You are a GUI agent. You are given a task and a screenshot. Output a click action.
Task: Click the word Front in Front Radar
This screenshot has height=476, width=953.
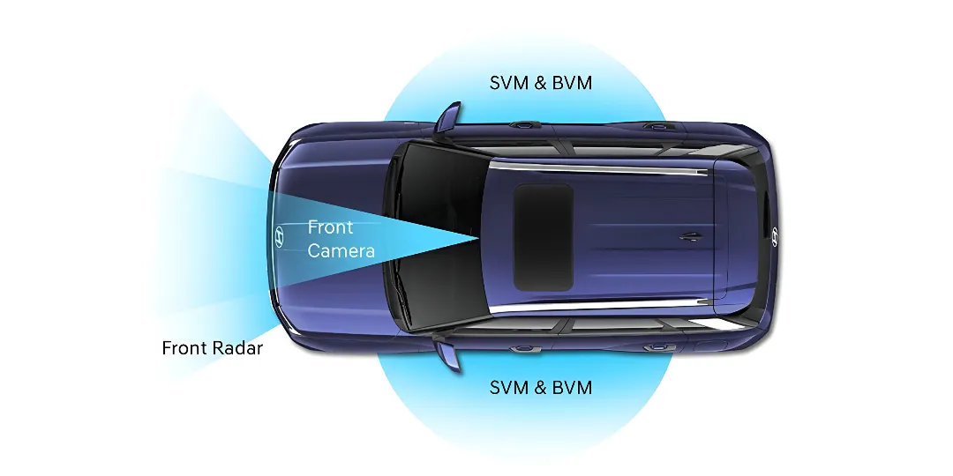tap(184, 348)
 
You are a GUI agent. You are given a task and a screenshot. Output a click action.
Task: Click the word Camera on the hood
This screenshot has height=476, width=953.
tap(341, 251)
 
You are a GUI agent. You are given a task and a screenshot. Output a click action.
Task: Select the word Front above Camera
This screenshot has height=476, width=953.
tap(330, 227)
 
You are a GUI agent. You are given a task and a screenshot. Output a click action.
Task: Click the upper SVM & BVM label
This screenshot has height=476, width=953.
tap(541, 83)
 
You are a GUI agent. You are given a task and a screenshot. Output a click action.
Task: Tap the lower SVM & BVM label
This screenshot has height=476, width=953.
tap(541, 387)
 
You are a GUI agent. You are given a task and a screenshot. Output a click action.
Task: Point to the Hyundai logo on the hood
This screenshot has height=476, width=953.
tap(279, 237)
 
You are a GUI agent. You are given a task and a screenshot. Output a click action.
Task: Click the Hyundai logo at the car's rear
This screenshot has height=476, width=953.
tap(775, 235)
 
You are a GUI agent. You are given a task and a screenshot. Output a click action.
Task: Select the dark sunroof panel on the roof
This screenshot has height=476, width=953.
tap(544, 237)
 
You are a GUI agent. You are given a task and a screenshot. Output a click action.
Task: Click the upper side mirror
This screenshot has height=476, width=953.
tap(448, 116)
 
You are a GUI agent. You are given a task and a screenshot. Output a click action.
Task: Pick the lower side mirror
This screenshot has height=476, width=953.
tap(448, 355)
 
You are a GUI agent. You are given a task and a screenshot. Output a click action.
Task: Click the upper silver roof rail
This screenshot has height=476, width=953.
tap(600, 166)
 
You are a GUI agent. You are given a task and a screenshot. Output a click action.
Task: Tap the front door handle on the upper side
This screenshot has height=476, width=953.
tap(525, 125)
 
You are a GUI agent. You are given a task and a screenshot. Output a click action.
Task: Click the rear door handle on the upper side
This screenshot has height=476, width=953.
tap(655, 127)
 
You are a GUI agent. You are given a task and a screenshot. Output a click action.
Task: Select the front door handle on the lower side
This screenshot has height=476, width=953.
tap(525, 349)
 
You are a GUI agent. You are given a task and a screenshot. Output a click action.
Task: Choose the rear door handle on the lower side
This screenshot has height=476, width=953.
tap(655, 348)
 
